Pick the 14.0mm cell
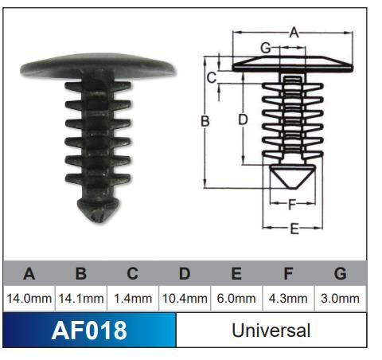[x=29, y=299]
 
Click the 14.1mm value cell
[x=80, y=299]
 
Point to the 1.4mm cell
[x=132, y=299]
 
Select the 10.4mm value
[x=184, y=299]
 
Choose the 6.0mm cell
[x=236, y=299]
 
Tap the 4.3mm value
[x=288, y=299]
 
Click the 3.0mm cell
[x=340, y=299]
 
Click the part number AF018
[x=88, y=330]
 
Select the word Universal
[x=271, y=330]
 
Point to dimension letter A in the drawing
[x=293, y=33]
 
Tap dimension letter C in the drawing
[x=212, y=77]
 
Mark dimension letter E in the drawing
[x=293, y=229]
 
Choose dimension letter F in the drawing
[x=292, y=203]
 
